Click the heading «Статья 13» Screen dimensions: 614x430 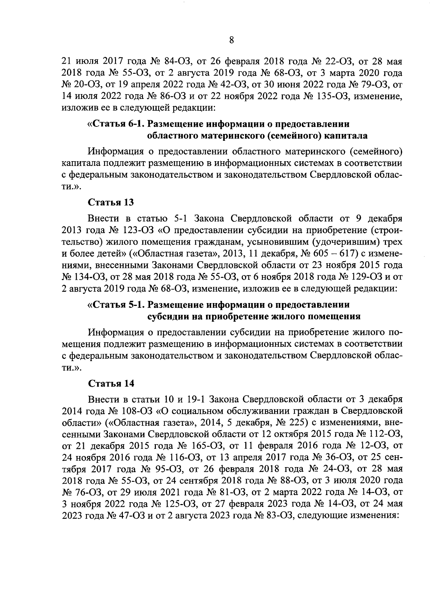coord(111,202)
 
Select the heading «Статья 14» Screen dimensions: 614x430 coord(111,383)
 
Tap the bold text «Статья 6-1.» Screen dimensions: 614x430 coord(118,124)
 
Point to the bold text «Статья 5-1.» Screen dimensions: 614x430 coord(118,305)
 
